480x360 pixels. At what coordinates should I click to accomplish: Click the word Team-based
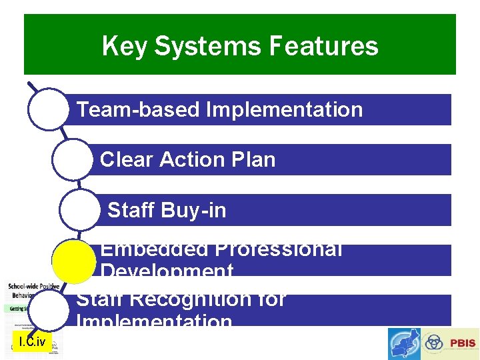click(138, 109)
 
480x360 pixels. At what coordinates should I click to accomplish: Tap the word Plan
click(252, 160)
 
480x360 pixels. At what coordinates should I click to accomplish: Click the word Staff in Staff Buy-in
click(130, 211)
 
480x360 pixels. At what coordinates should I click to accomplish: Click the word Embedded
click(153, 250)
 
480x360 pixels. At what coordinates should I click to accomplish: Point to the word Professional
click(278, 250)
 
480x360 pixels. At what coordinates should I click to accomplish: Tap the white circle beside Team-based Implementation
click(47, 109)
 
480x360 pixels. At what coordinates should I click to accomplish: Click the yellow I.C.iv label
click(32, 343)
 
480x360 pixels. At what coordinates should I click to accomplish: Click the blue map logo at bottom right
click(404, 344)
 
